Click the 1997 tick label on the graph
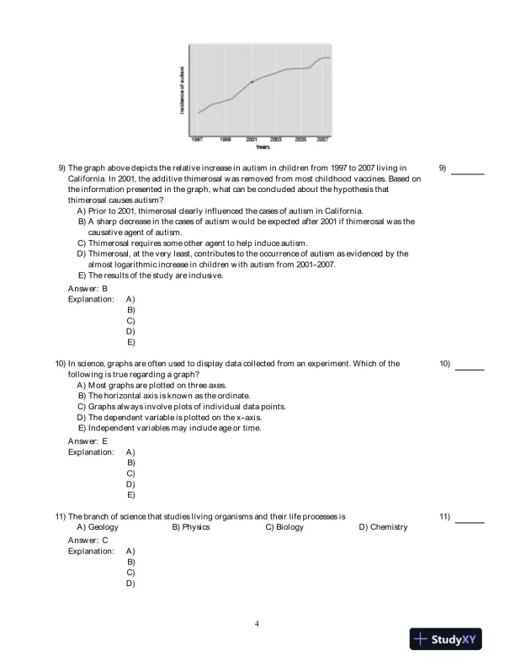pyautogui.click(x=197, y=137)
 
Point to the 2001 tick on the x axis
pyautogui.click(x=252, y=137)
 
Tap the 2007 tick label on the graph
pyautogui.click(x=322, y=137)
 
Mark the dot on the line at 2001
pyautogui.click(x=252, y=82)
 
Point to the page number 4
pyautogui.click(x=257, y=624)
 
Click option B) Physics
pyautogui.click(x=191, y=527)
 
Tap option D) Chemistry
pyautogui.click(x=383, y=527)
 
